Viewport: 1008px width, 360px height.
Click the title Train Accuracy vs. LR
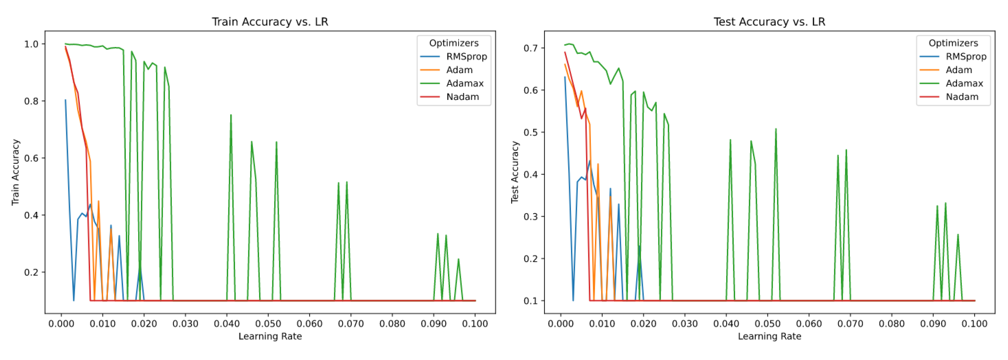(270, 22)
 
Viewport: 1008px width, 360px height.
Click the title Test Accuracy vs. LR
(769, 22)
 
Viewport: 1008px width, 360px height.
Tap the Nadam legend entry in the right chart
(962, 97)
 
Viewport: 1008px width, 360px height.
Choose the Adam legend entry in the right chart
(959, 70)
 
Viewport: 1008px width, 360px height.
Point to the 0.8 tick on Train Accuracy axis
(31, 101)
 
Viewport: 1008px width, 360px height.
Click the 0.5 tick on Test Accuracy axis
(531, 132)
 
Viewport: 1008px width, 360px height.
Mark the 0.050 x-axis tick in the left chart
(268, 323)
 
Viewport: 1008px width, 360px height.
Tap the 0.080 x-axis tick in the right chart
(891, 323)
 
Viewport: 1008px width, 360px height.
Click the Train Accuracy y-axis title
(15, 172)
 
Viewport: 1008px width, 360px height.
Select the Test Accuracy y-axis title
(515, 172)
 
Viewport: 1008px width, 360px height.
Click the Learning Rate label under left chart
(270, 336)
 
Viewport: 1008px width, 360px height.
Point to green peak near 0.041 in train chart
(231, 115)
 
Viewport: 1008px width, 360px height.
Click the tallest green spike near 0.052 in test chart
(776, 129)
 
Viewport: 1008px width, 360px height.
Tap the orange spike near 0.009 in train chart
(98, 201)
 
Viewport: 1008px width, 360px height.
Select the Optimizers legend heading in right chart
(953, 43)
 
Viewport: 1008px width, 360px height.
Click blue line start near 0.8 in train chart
(65, 100)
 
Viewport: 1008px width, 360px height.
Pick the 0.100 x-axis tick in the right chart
(974, 323)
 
